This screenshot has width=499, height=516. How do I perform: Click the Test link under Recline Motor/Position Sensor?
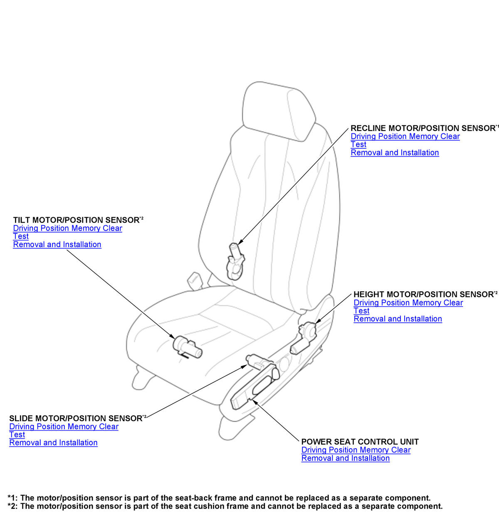(358, 145)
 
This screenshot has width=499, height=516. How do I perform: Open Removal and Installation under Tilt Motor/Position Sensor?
(57, 245)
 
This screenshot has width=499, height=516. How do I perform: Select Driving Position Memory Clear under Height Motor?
(408, 303)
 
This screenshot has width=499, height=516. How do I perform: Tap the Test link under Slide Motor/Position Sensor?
(17, 435)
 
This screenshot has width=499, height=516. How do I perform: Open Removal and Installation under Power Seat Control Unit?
(345, 458)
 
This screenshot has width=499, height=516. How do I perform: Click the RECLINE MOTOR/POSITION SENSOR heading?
(422, 128)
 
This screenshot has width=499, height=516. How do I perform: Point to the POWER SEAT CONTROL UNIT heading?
(360, 442)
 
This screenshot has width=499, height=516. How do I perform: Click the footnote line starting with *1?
(219, 498)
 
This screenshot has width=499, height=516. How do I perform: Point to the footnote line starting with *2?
(225, 506)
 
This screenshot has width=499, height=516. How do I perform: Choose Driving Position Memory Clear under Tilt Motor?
(67, 229)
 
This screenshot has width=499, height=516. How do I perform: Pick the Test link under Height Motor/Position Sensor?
(361, 311)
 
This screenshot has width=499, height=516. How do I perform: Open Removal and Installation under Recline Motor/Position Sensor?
(395, 153)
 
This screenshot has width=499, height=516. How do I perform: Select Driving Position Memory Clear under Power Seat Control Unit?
(356, 450)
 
